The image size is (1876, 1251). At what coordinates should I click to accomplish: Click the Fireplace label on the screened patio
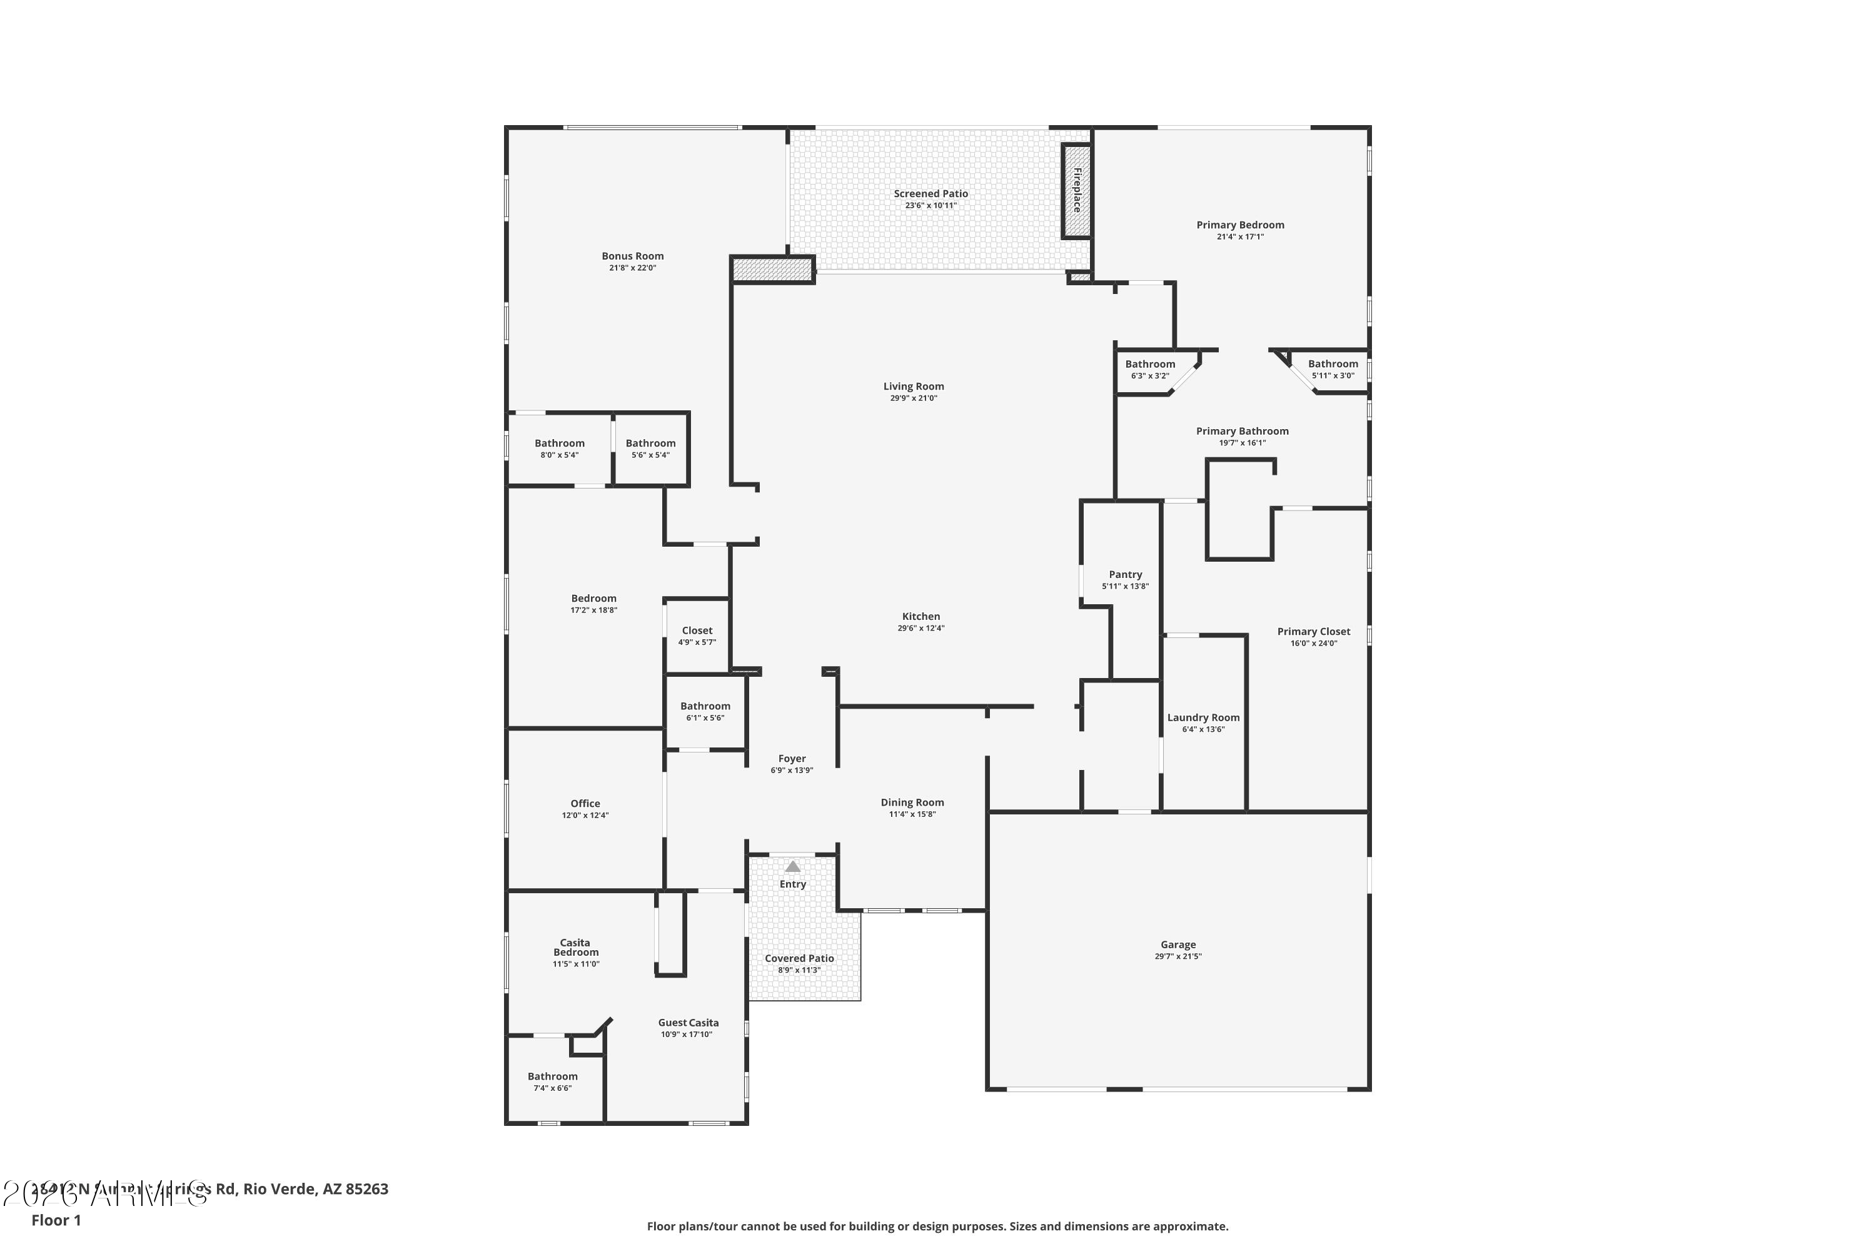(x=1077, y=190)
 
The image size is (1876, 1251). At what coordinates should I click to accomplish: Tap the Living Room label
(x=913, y=386)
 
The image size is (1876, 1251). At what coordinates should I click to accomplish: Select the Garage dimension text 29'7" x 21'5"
(x=1178, y=956)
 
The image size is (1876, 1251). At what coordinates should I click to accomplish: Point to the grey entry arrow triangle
(x=792, y=866)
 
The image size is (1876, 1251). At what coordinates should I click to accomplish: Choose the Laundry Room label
(x=1203, y=717)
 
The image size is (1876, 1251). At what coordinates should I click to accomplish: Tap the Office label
(x=585, y=803)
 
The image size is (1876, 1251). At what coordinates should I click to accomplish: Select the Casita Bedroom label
(x=575, y=947)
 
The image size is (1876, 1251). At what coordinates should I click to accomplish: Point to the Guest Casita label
(x=687, y=1023)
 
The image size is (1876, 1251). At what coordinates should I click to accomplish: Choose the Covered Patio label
(x=799, y=958)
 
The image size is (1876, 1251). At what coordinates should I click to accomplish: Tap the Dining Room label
(x=912, y=803)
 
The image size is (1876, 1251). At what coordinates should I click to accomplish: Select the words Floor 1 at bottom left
(x=56, y=1220)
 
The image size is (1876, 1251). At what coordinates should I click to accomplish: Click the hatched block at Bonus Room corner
(x=772, y=270)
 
